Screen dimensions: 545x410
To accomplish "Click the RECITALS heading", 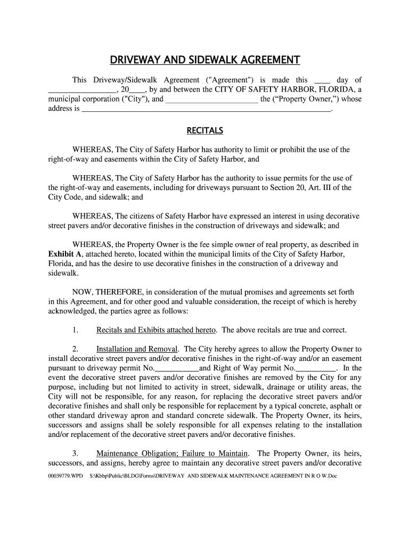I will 204,130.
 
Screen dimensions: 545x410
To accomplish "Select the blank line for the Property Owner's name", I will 212,101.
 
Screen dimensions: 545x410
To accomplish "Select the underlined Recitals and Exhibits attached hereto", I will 156,330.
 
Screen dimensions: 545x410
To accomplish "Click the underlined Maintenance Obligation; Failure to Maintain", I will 172,453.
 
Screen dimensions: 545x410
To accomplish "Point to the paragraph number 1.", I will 75,330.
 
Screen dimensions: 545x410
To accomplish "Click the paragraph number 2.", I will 75,349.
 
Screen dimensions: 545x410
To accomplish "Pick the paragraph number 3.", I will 75,453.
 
